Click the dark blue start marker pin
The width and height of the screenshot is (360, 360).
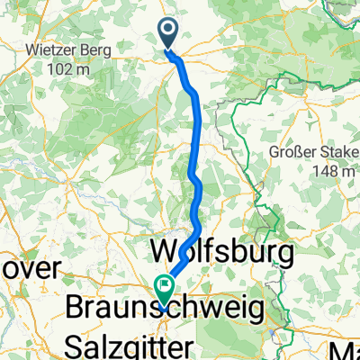168,33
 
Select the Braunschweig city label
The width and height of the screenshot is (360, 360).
166,309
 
